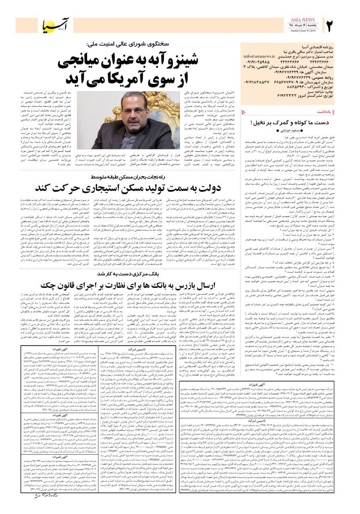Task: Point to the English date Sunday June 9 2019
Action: pos(304,30)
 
